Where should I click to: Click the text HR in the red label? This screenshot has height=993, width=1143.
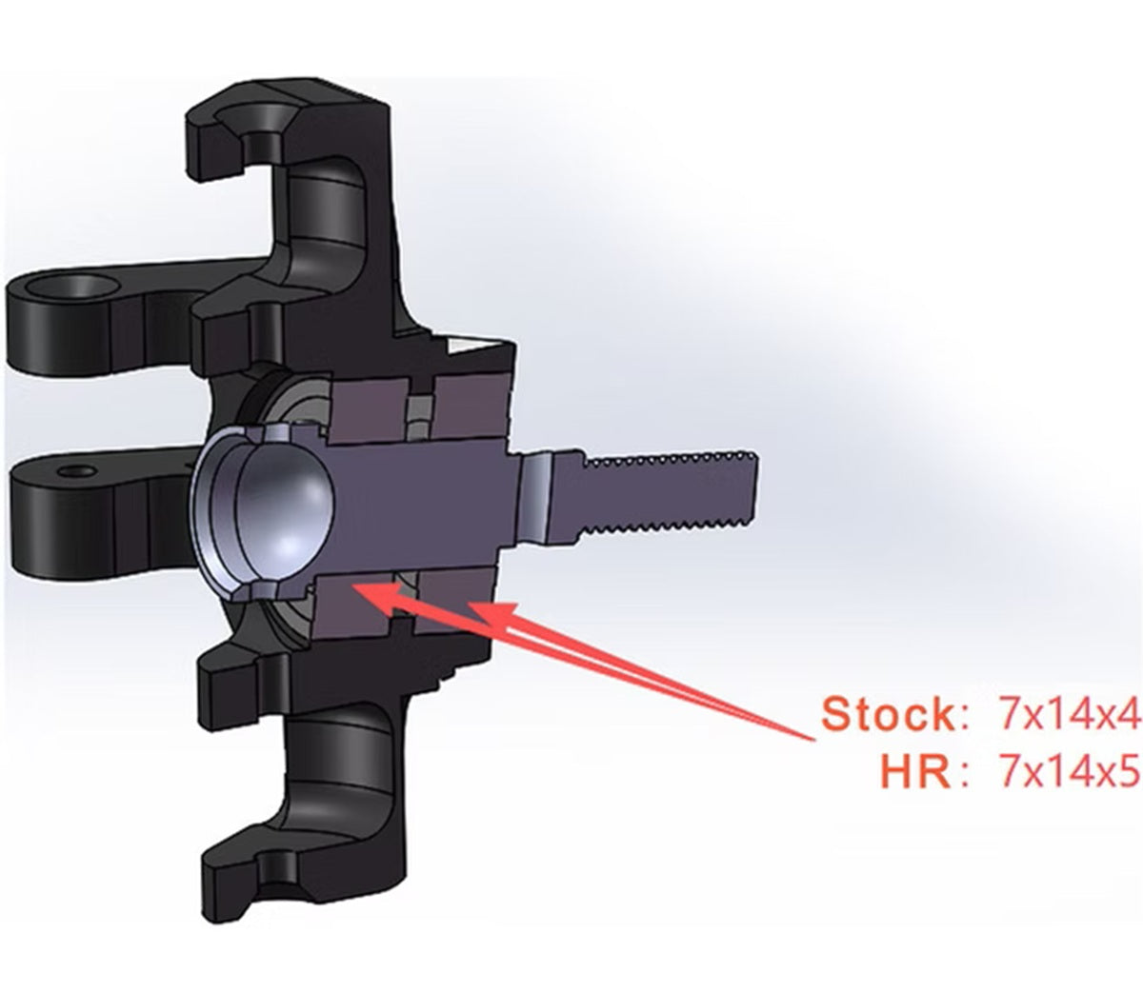tap(915, 772)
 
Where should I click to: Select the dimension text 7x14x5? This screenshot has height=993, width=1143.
tap(1068, 772)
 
